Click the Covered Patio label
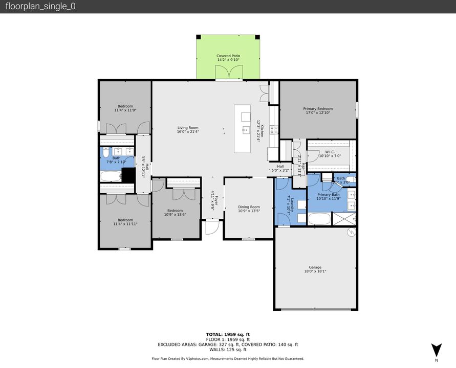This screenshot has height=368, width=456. tap(228, 58)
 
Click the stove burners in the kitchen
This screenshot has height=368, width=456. tap(274, 129)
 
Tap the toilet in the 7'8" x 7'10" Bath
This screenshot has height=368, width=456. tap(105, 152)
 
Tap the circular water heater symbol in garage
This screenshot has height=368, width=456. tap(351, 233)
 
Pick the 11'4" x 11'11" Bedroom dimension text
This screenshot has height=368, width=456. tap(125, 224)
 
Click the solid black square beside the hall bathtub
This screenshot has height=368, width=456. tap(128, 174)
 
